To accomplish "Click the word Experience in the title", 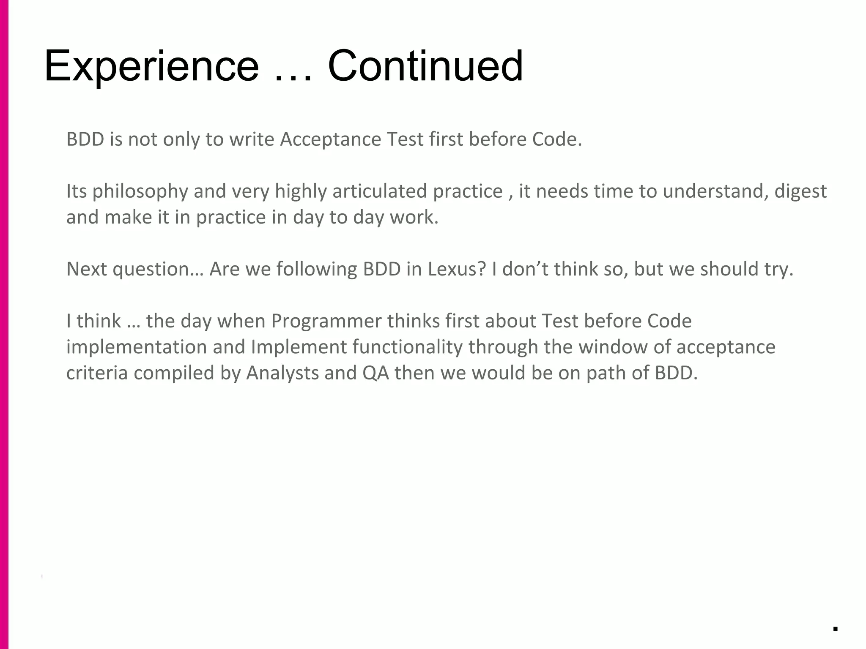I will pyautogui.click(x=151, y=66).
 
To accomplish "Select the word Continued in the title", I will pyautogui.click(x=425, y=66).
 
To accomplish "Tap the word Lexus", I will pyautogui.click(x=457, y=269).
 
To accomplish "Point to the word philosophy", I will pyautogui.click(x=140, y=191).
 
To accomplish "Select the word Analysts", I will pyautogui.click(x=282, y=373).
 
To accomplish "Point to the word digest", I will pyautogui.click(x=800, y=191).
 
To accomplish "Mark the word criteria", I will pyautogui.click(x=97, y=373).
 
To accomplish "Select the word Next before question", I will pyautogui.click(x=86, y=269).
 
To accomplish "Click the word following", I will pyautogui.click(x=316, y=269).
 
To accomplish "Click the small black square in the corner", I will pyautogui.click(x=835, y=629).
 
